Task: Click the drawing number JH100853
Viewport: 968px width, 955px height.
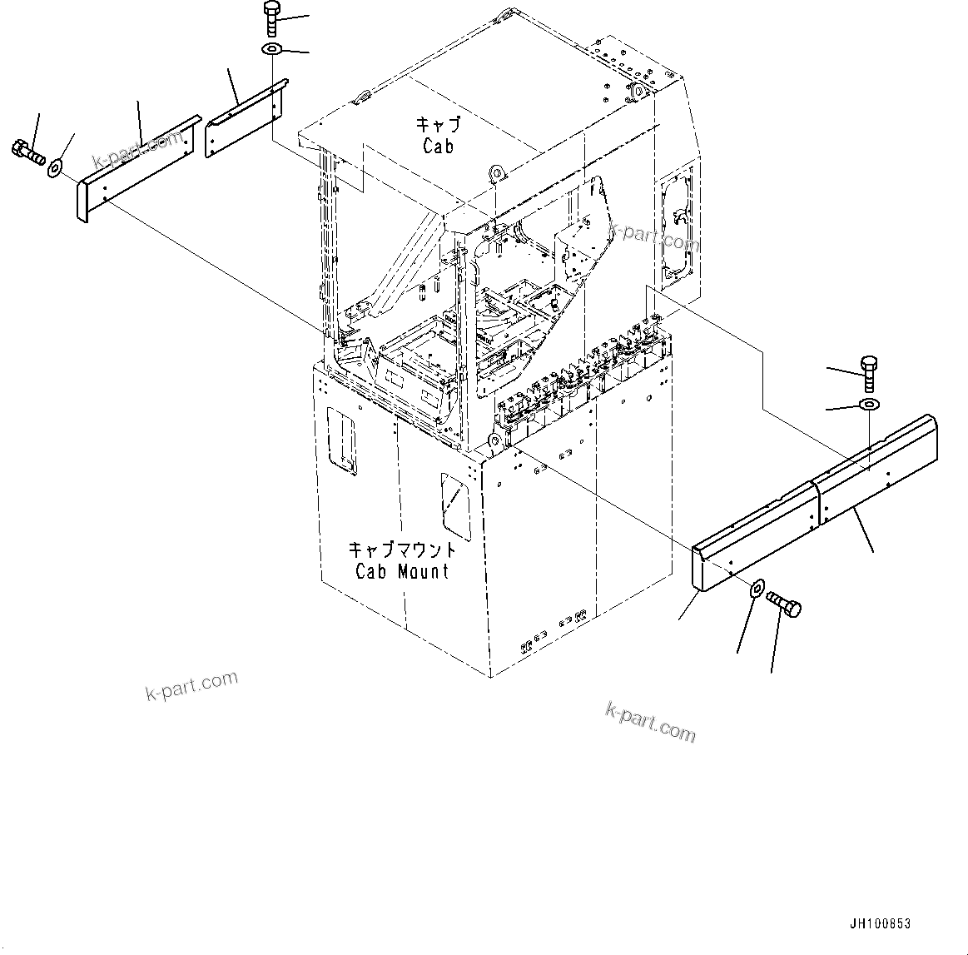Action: coord(881,924)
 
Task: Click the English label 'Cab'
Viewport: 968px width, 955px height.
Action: coord(438,147)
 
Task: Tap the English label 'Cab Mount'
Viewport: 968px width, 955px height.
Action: coord(401,571)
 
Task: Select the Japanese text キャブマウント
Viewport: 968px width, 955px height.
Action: coord(402,550)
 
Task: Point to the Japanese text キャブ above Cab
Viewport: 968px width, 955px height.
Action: coord(438,126)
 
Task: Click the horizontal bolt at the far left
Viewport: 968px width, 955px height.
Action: coord(27,152)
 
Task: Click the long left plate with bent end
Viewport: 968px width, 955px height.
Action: coord(133,170)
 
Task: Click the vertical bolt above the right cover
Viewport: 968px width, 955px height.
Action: coord(867,372)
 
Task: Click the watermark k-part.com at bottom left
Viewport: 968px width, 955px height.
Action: coord(191,686)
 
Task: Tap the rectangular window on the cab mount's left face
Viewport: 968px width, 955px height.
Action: coord(341,440)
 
